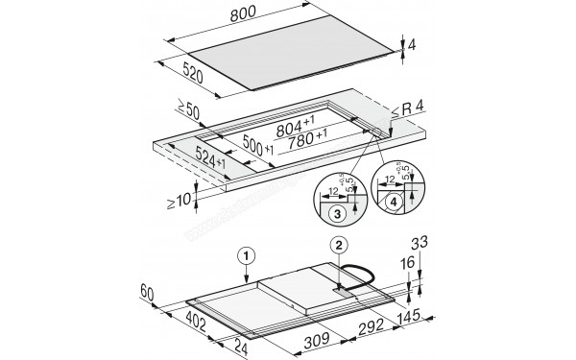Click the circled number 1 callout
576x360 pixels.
(247, 255)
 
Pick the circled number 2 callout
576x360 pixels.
(337, 245)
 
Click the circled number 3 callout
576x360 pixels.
(336, 213)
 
